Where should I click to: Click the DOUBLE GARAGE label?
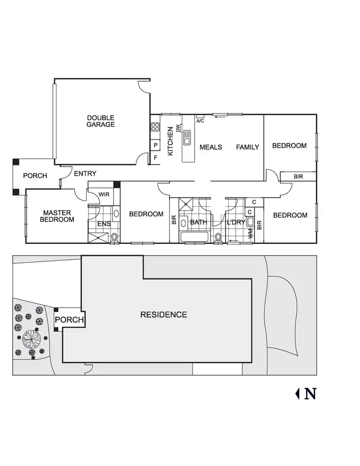tap(100, 121)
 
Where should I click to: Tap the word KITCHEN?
tap(171, 141)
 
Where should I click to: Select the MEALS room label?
tap(211, 147)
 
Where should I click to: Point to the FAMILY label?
tap(247, 147)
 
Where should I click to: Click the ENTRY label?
tap(85, 174)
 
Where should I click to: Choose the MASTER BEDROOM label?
tap(58, 216)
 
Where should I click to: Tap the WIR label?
tap(104, 195)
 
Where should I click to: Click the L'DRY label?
tap(236, 222)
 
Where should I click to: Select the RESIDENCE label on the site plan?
tap(163, 314)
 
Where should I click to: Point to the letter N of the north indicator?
tap(310, 394)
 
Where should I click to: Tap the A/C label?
tap(200, 121)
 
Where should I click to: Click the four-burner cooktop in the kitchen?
tap(155, 128)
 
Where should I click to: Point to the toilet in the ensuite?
tap(114, 237)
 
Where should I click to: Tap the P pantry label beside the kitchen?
tap(155, 146)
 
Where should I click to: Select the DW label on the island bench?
tap(178, 128)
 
